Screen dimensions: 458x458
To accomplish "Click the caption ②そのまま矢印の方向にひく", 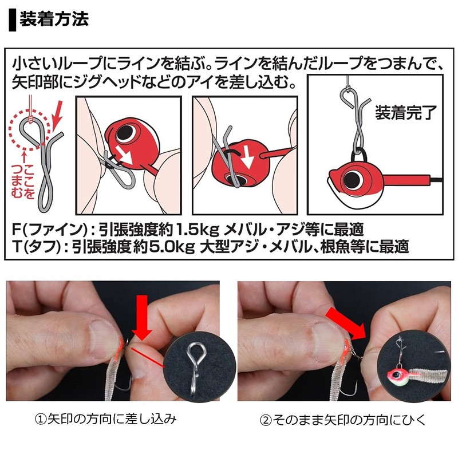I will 343,420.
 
